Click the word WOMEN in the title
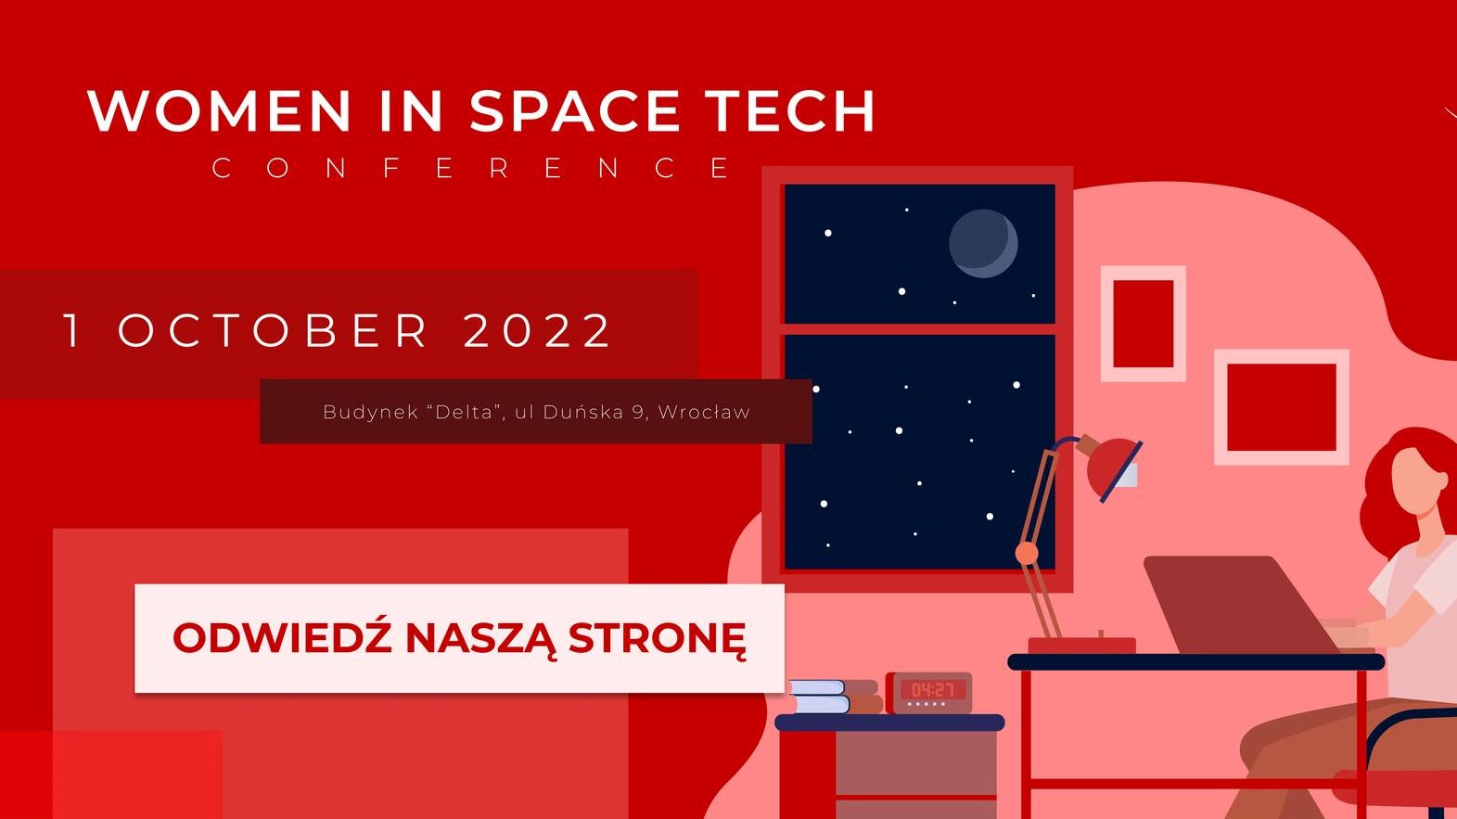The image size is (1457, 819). [219, 110]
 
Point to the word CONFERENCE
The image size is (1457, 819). [473, 168]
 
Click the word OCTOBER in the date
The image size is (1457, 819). [273, 330]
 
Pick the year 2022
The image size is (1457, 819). [537, 330]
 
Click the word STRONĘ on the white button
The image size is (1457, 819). [657, 639]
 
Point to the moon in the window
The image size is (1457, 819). [983, 243]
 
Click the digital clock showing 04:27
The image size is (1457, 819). [929, 693]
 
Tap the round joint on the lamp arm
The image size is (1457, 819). [1027, 554]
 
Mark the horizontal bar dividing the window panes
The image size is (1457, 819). [920, 329]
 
